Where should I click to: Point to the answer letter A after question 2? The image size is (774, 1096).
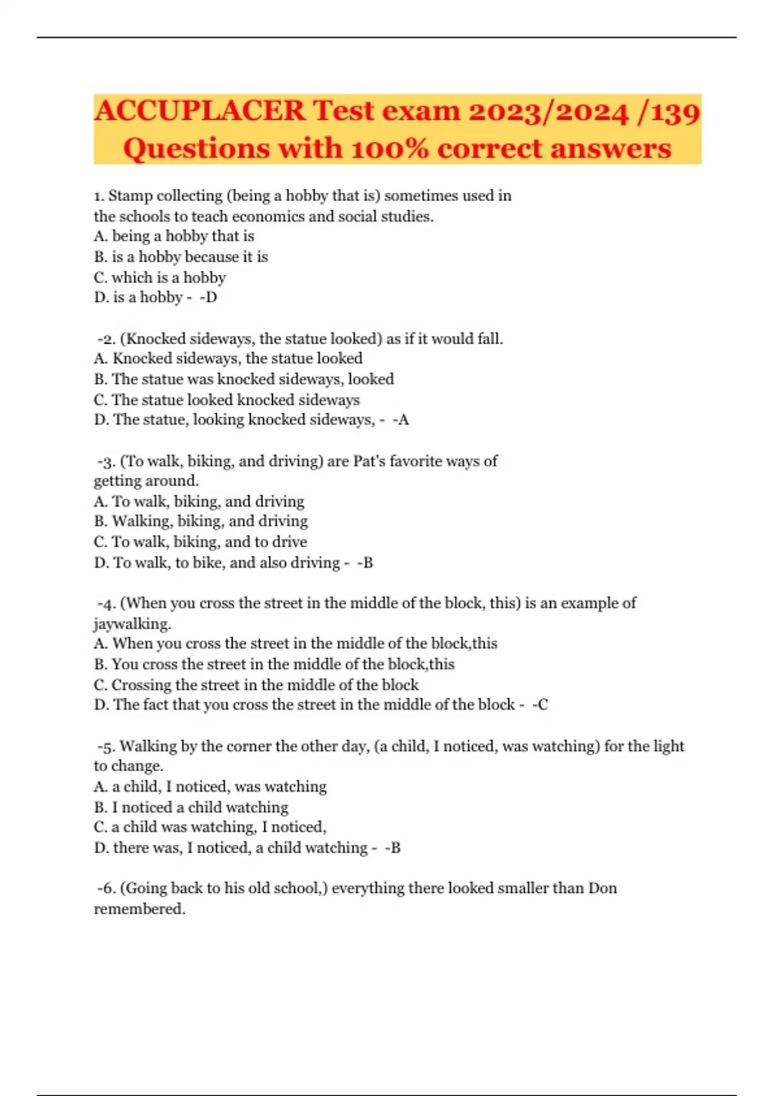coord(402,420)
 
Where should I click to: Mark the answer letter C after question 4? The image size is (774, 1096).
coord(542,705)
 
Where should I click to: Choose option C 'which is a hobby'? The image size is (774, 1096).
coord(160,278)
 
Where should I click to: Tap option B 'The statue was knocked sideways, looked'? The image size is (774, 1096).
coord(244,379)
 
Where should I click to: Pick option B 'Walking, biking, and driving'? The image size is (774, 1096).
coord(201,521)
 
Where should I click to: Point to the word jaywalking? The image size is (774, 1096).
coord(132,624)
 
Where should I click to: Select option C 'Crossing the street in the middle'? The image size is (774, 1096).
coord(256,685)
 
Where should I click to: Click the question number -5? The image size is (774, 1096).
coord(106,747)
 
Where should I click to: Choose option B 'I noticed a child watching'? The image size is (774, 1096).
coord(191,807)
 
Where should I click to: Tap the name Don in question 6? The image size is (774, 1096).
coord(602,888)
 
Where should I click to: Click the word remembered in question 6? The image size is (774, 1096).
coord(139,909)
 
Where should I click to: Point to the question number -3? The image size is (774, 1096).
coord(106,462)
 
